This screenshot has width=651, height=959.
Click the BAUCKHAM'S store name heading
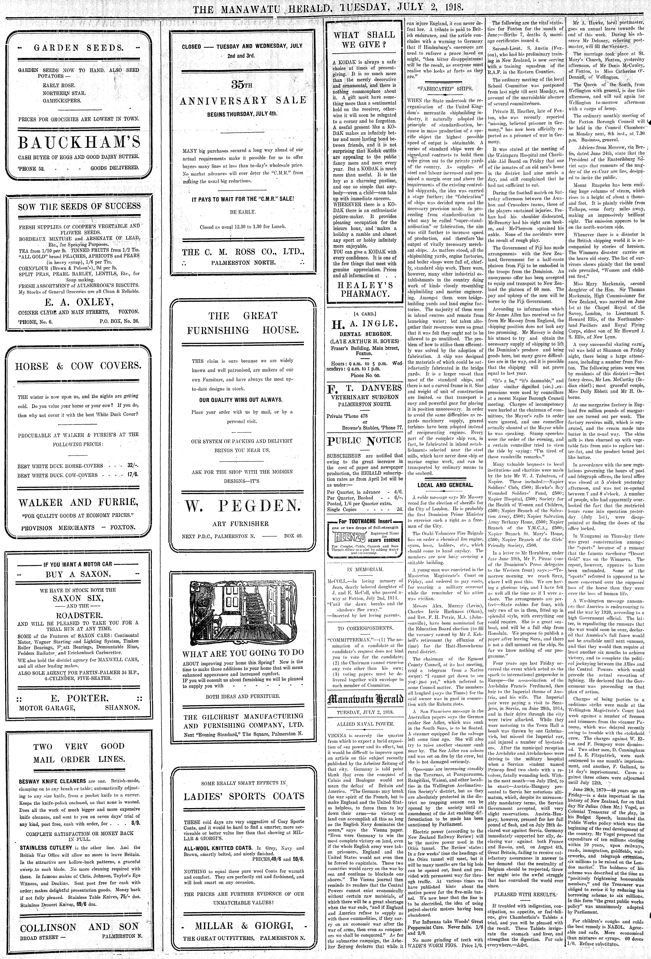coord(78,143)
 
